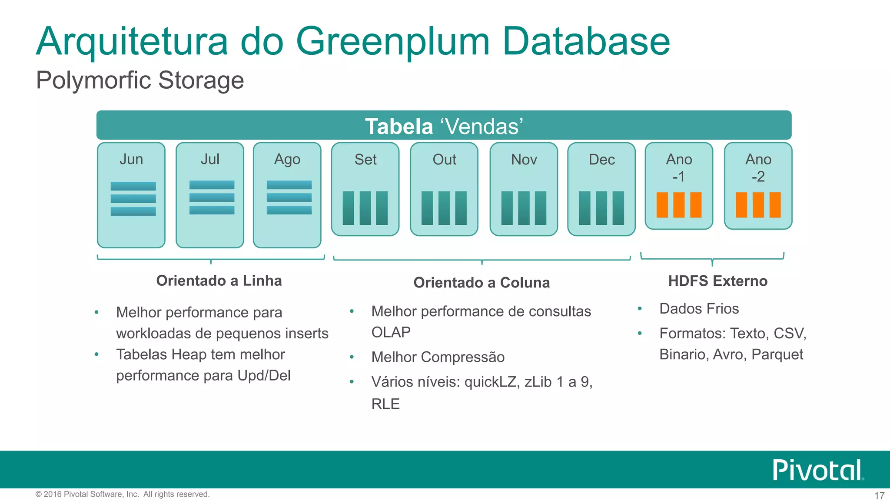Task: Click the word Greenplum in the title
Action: click(x=393, y=42)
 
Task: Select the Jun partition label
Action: click(x=131, y=159)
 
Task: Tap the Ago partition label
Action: click(x=287, y=160)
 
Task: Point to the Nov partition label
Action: click(x=524, y=160)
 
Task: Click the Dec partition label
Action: click(x=601, y=160)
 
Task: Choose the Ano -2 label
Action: click(x=758, y=168)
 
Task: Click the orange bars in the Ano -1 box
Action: click(x=679, y=205)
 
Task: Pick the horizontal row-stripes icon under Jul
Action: click(x=212, y=197)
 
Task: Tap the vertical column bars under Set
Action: click(x=365, y=208)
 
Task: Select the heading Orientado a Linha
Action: click(x=219, y=281)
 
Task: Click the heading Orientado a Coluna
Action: click(x=482, y=283)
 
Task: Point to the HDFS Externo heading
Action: click(x=718, y=281)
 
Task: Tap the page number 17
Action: click(x=879, y=495)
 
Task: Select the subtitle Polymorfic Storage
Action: click(x=140, y=80)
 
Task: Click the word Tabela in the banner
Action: click(x=399, y=127)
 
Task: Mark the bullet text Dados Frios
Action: click(x=699, y=308)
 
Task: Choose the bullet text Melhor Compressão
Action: click(x=438, y=357)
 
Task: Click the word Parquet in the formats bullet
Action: click(x=777, y=354)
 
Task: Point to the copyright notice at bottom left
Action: click(x=123, y=494)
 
